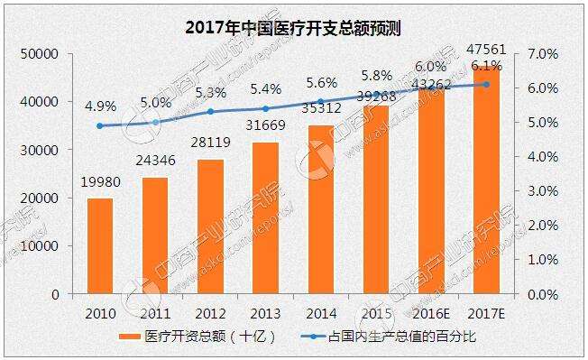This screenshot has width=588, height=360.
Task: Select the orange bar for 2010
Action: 100,245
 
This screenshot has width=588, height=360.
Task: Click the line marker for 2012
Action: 210,112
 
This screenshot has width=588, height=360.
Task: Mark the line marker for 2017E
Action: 487,85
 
